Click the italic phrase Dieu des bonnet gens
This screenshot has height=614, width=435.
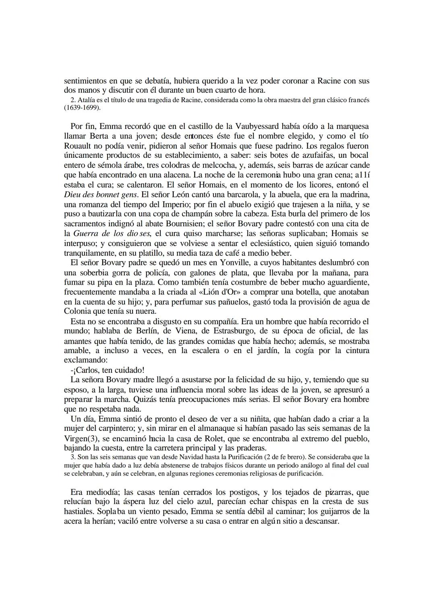point(101,194)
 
